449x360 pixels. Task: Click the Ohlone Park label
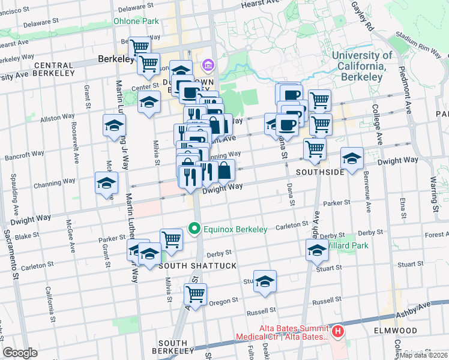[136, 21]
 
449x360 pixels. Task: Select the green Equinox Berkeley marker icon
[194, 229]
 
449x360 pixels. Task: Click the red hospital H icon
[339, 331]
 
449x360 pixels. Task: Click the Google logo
[20, 353]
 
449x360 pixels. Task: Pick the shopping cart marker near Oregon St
[195, 294]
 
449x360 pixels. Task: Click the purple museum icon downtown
[208, 64]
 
